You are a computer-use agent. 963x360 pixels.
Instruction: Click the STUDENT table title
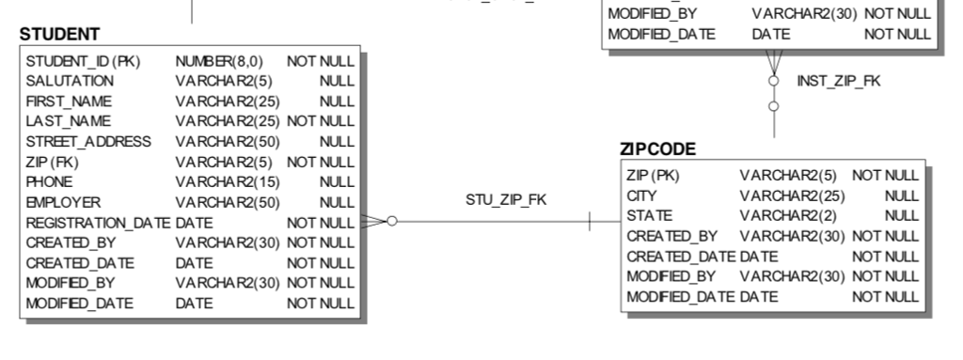coord(59,35)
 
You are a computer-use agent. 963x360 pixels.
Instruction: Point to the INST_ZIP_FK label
coord(839,81)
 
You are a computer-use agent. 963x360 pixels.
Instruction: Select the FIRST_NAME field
coord(69,101)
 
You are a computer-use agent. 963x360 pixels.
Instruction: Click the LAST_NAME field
coord(68,120)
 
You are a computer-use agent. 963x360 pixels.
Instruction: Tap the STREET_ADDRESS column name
coord(88,141)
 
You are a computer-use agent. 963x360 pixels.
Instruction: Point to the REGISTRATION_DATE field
coord(98,222)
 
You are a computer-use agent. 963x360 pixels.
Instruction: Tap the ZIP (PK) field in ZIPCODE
coord(653,176)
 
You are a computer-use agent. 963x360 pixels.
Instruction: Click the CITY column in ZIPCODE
coord(641,196)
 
